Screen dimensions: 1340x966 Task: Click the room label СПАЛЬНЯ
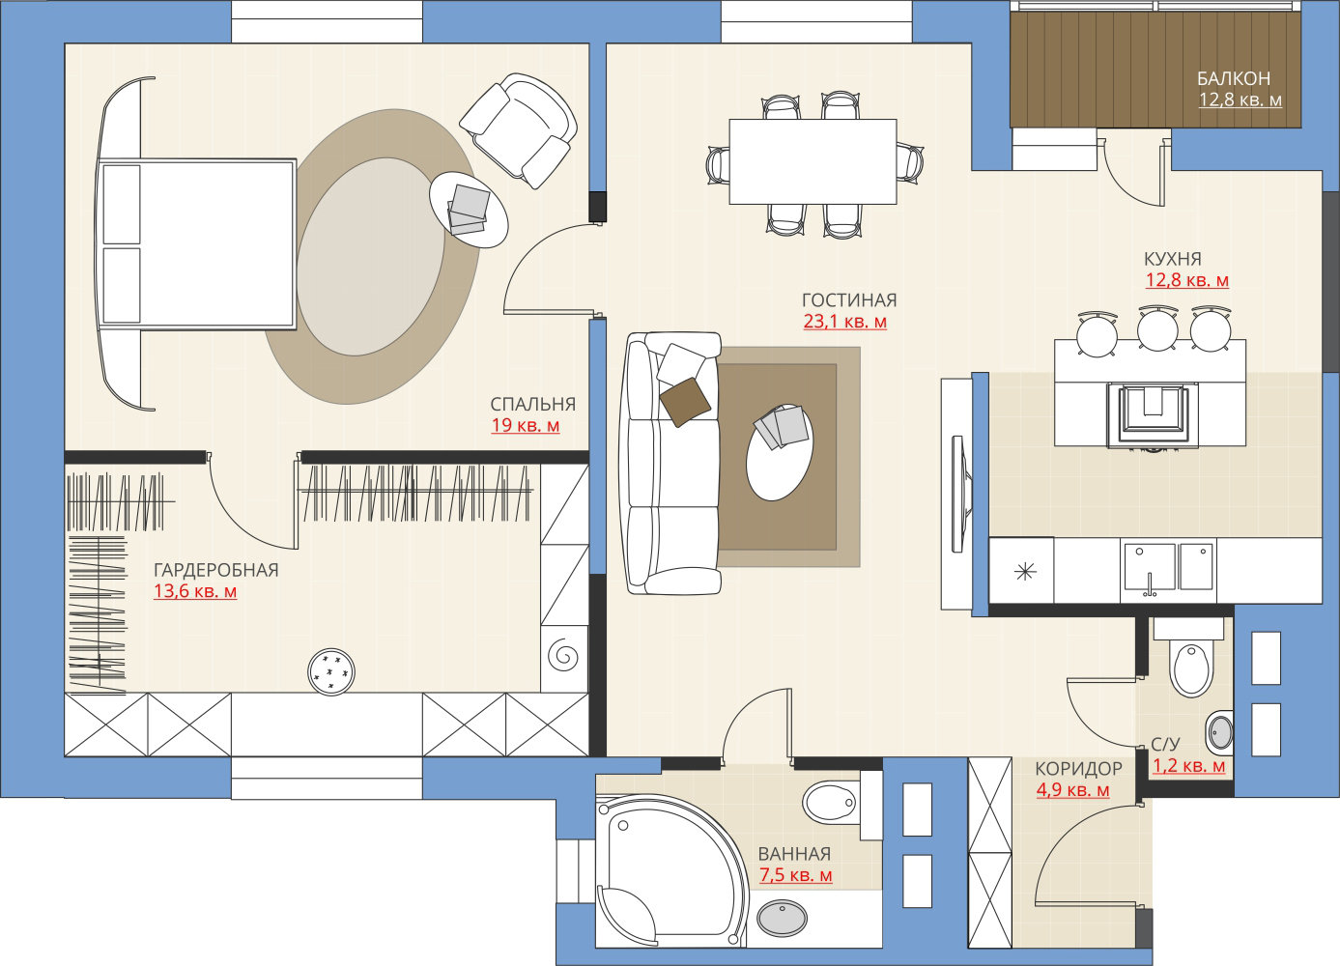[533, 405]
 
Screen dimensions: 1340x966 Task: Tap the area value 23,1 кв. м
[844, 322]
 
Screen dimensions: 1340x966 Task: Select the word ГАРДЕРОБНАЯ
[216, 570]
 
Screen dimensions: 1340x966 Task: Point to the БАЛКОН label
[1234, 78]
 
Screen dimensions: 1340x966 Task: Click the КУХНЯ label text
[1173, 259]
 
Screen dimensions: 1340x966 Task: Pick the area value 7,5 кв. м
[796, 875]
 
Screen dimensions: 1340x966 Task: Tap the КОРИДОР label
[1078, 769]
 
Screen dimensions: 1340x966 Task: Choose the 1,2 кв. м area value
[1188, 766]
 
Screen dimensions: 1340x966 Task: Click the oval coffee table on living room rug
[780, 452]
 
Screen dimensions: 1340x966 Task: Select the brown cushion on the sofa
[686, 402]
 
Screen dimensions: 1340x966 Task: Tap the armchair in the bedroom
[519, 129]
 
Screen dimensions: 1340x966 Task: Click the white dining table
[813, 161]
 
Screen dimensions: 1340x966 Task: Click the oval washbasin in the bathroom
[782, 917]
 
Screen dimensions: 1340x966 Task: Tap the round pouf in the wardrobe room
[330, 671]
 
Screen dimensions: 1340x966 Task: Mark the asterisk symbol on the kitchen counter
[1025, 572]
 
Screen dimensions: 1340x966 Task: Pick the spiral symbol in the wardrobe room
[563, 655]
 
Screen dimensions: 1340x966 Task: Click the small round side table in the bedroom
[469, 210]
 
